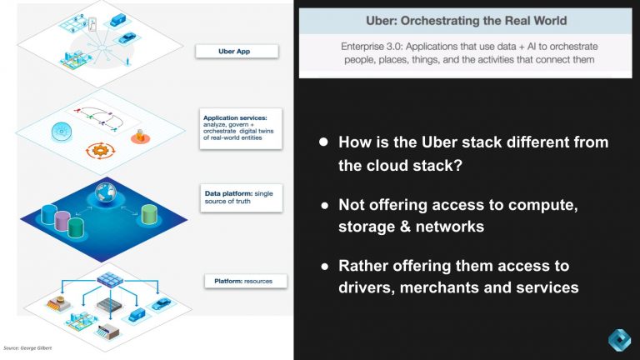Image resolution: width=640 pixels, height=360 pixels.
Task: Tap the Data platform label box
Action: point(242,198)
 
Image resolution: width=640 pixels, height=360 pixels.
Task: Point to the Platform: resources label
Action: point(243,281)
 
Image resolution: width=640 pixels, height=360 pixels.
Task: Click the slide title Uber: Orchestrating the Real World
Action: point(466,20)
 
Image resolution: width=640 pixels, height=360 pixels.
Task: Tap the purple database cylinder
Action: point(61,220)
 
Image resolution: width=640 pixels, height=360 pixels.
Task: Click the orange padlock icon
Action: point(141,135)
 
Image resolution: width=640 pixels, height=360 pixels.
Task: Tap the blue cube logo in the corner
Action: point(616,341)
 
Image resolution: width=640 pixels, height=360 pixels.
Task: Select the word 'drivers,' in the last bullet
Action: point(370,287)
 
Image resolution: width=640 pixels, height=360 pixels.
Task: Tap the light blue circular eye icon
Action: point(60,131)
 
